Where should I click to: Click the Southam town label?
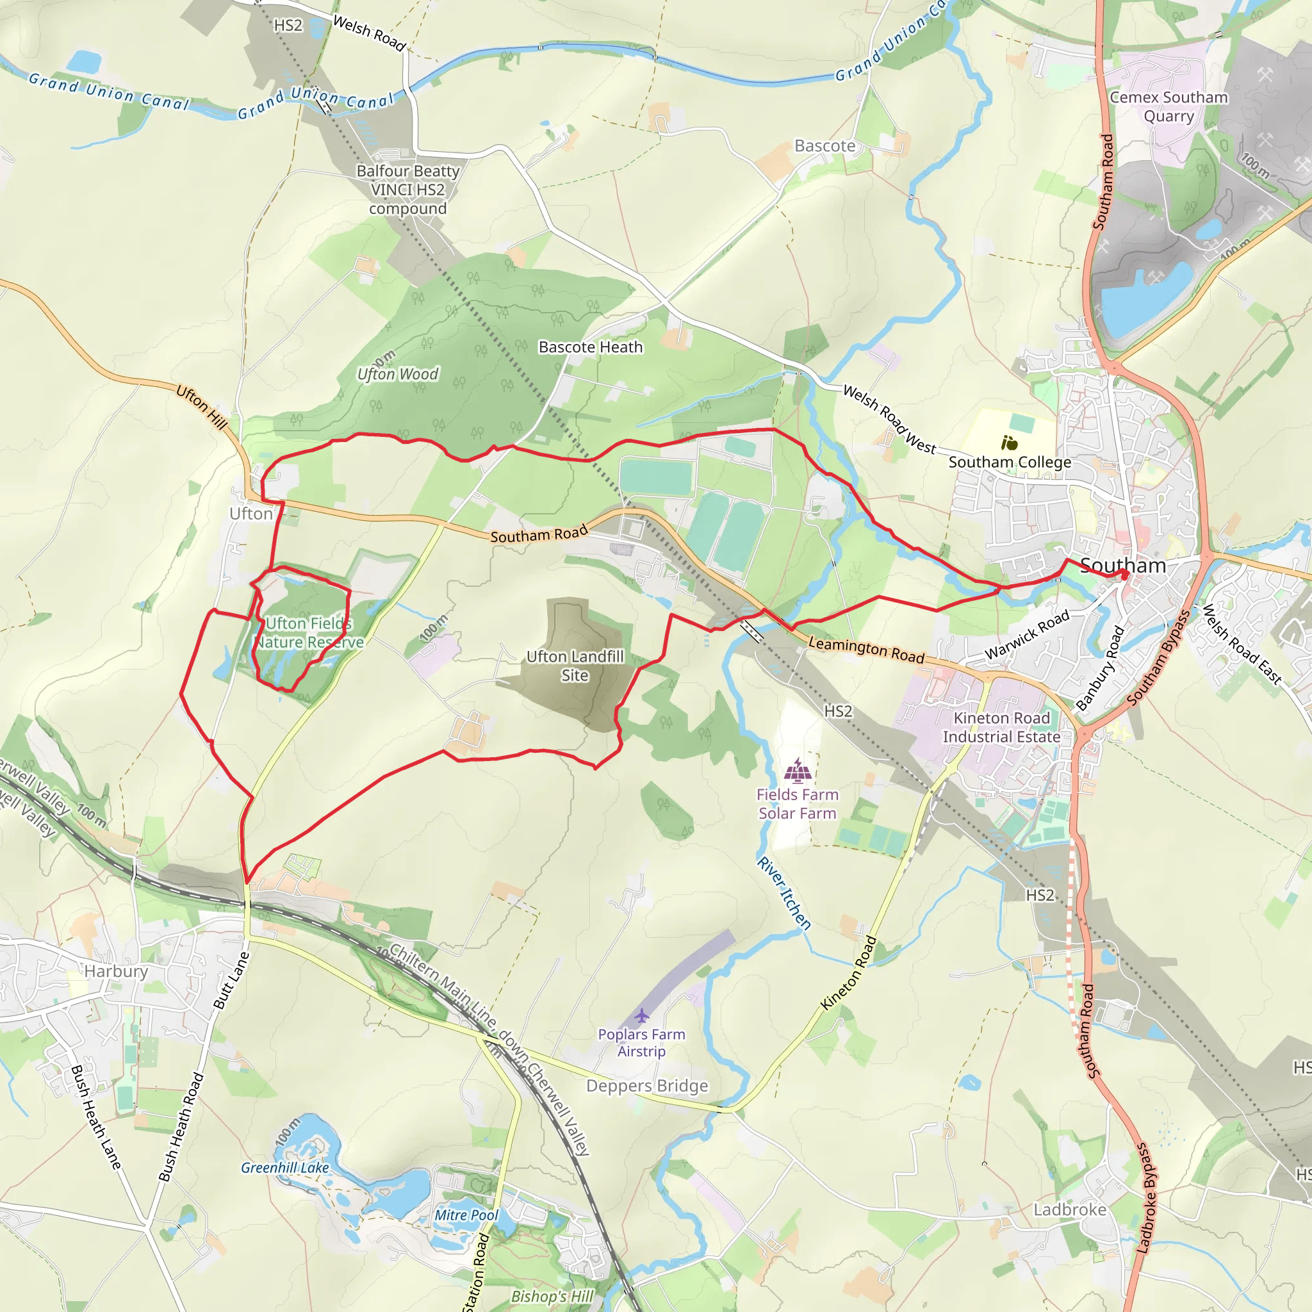click(x=1122, y=566)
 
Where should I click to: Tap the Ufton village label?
click(x=250, y=513)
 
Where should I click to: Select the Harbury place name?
click(x=116, y=971)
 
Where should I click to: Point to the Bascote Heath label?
click(x=590, y=347)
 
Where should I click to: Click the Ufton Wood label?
click(x=398, y=374)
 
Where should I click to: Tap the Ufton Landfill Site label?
click(x=575, y=666)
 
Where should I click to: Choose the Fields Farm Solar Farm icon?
click(x=797, y=771)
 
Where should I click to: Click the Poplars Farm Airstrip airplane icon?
click(x=642, y=1016)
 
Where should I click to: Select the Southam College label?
click(x=1009, y=462)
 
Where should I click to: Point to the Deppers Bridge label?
click(x=647, y=1086)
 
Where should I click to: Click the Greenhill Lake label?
click(x=284, y=1167)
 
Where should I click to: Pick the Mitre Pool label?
click(x=466, y=1215)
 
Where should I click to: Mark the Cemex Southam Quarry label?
click(x=1168, y=106)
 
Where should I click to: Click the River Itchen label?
click(x=784, y=893)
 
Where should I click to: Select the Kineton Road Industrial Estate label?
click(x=1001, y=727)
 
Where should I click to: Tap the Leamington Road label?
click(x=866, y=650)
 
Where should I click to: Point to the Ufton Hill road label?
click(x=201, y=407)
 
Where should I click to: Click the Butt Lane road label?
click(x=231, y=980)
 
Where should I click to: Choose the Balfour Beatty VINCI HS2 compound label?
click(x=408, y=190)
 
